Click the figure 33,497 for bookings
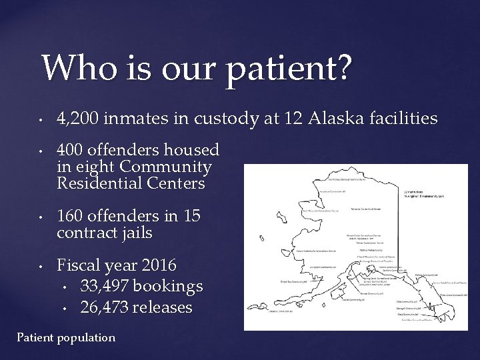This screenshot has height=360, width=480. click(x=104, y=287)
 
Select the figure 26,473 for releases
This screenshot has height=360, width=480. click(x=104, y=307)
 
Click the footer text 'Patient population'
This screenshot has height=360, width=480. click(x=65, y=337)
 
